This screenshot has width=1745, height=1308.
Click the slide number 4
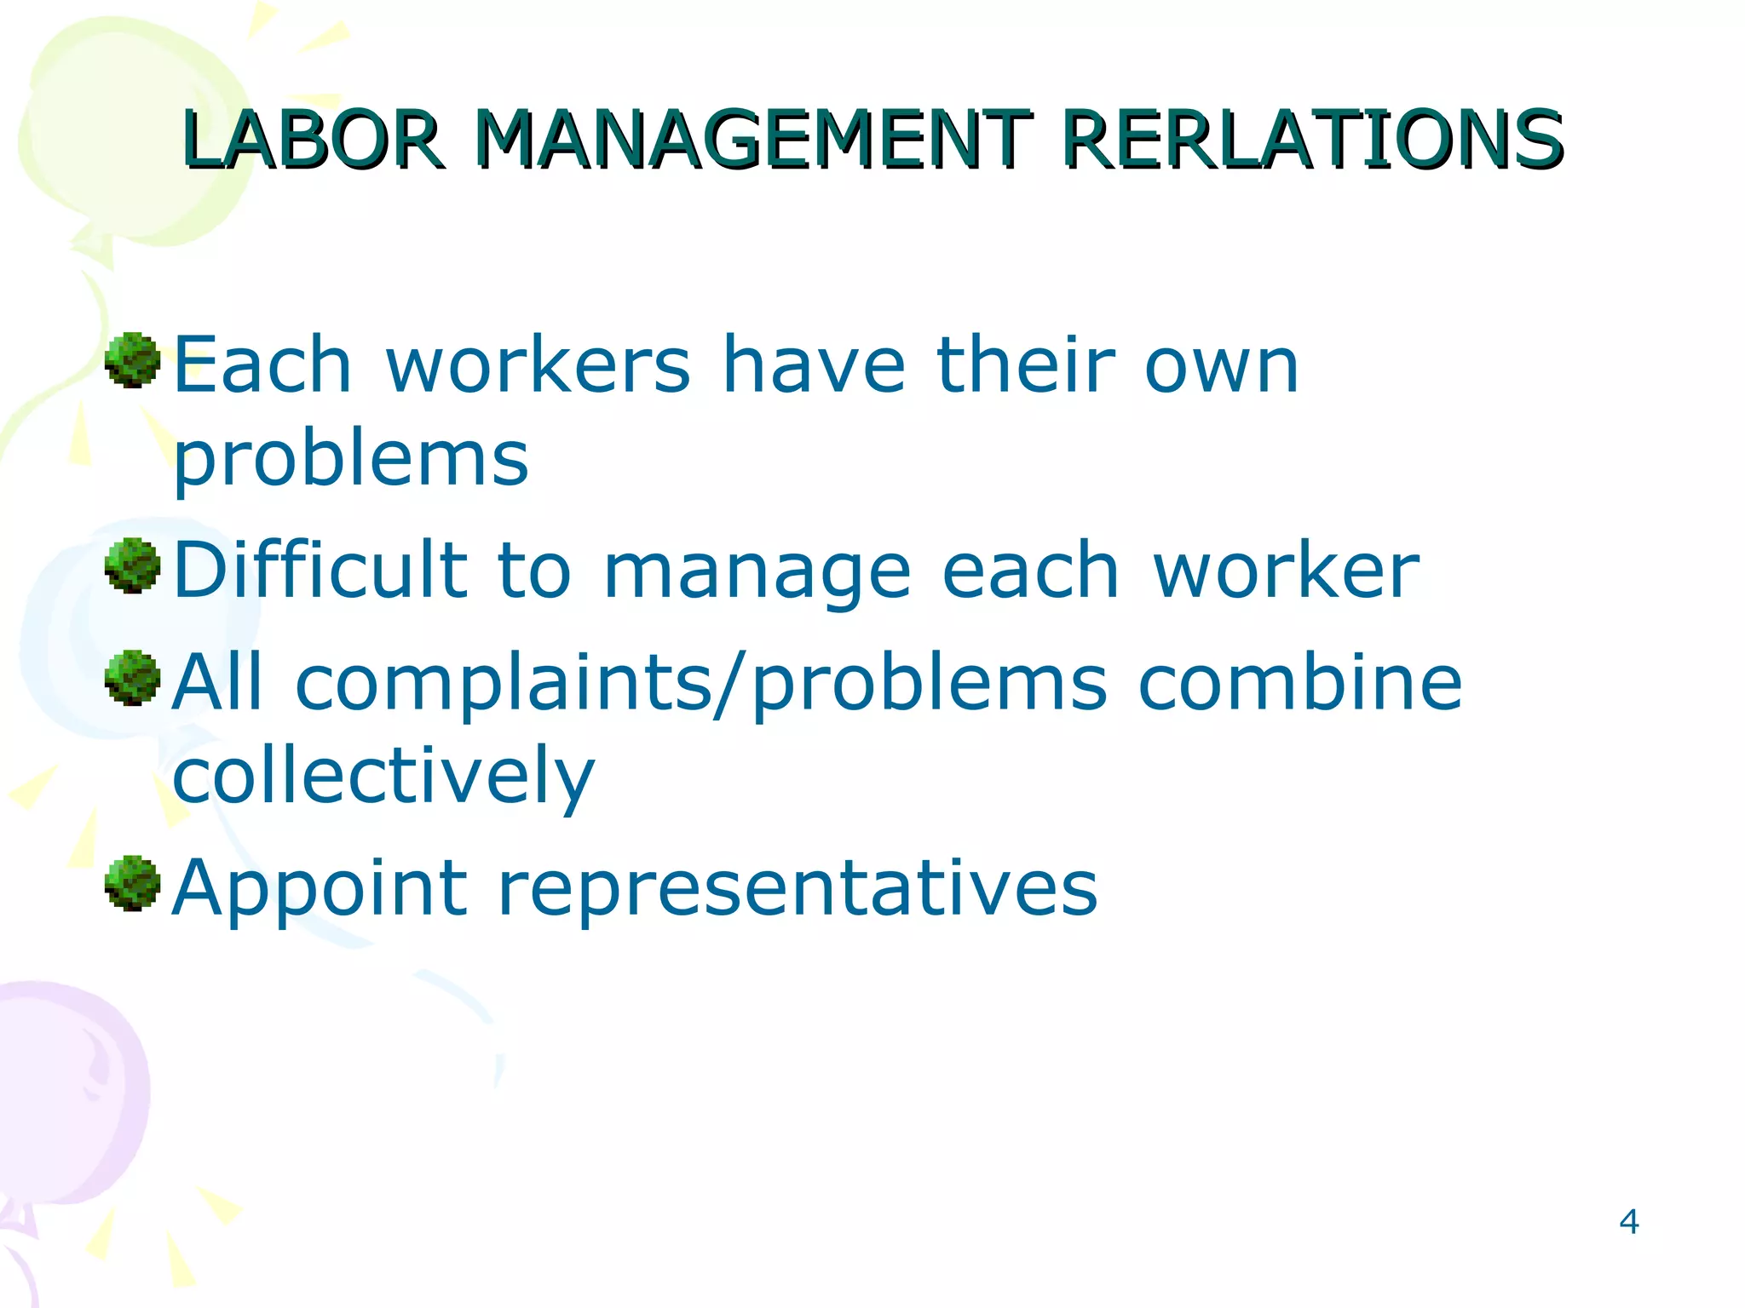tap(1628, 1222)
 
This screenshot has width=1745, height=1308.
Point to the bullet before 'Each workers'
tap(132, 361)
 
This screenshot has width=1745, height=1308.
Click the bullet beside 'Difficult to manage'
tap(132, 565)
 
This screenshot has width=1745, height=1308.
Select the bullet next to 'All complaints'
tap(132, 678)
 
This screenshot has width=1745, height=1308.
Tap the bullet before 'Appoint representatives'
tap(132, 884)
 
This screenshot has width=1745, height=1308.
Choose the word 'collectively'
tap(383, 775)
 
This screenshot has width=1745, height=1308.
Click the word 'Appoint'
tap(320, 889)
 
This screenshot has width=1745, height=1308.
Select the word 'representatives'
tap(797, 889)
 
